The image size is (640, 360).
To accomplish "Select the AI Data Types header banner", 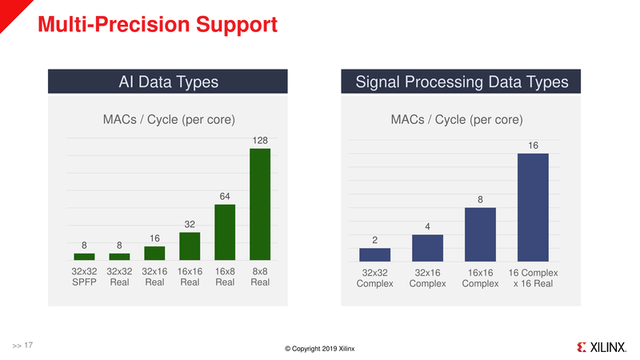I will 168,82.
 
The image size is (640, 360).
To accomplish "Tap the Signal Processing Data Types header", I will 462,82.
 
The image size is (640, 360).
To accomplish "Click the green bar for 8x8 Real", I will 260,204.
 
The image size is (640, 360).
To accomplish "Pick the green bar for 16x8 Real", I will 225,232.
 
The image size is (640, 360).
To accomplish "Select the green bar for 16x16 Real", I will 190,246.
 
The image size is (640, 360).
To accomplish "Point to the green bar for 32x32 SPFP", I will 84,256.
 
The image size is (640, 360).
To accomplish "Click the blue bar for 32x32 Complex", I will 375,254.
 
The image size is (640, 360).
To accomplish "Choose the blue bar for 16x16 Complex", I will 481,234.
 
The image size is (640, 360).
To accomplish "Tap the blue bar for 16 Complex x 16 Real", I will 534,207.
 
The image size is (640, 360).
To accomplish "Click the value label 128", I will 260,141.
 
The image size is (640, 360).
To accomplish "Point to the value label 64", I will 225,197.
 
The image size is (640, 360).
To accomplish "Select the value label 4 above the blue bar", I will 428,227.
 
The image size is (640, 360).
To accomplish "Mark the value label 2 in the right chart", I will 375,240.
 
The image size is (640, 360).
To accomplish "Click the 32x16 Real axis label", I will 154,277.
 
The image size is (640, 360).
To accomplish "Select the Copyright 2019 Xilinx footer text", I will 320,348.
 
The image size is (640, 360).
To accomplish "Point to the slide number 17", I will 28,345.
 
